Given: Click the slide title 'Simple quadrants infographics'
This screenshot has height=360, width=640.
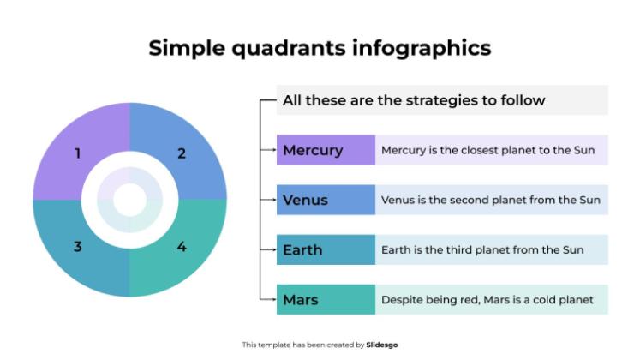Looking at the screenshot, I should point(320,47).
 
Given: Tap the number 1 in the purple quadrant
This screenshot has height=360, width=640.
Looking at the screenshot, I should point(78,154).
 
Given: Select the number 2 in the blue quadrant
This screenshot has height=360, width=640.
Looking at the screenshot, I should point(182,154).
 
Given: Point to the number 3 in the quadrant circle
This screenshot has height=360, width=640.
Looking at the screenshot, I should point(78,247).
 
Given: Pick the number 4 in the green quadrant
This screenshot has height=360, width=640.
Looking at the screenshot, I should point(182,247).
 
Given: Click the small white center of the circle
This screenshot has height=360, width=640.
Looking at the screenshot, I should point(129,201).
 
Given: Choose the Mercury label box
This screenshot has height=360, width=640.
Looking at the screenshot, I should point(326,150).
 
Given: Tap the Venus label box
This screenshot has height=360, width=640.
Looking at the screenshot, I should point(326,200).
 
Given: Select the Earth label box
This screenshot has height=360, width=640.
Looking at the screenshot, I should point(326,249).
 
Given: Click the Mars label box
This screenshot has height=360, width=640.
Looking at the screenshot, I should point(326,299).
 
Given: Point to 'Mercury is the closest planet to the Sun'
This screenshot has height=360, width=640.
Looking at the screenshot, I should point(489,150).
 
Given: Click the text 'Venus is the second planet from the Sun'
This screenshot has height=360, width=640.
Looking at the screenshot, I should point(491,200).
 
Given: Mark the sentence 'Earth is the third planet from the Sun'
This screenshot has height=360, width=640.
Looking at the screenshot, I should point(482,249).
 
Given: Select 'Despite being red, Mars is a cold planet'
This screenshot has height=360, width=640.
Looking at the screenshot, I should point(487,299).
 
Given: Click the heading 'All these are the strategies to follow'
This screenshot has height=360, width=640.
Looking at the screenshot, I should point(414,100).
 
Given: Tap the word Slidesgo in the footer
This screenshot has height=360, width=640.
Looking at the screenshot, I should point(382,345).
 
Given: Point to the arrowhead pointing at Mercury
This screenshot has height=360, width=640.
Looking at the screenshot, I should point(273,150).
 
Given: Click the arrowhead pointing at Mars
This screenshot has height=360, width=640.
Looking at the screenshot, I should point(273,299).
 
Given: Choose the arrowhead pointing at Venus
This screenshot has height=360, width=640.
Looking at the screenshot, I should point(273,200).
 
